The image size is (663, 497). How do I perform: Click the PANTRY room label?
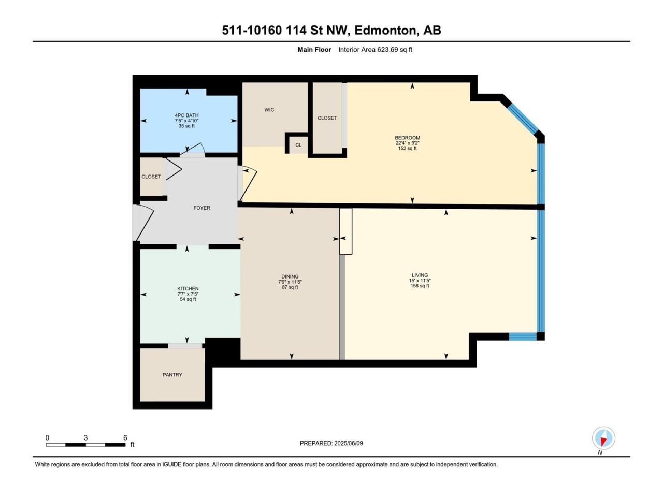click(x=172, y=375)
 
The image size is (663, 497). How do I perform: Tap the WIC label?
click(x=269, y=110)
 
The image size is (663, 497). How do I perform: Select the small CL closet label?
click(x=298, y=145)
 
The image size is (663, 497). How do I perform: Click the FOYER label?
click(x=202, y=208)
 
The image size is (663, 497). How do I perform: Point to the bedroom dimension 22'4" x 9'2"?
click(x=408, y=143)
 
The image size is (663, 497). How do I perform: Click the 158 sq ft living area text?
click(x=420, y=286)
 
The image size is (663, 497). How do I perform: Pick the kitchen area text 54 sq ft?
click(x=188, y=299)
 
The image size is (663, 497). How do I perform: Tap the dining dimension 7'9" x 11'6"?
click(x=290, y=282)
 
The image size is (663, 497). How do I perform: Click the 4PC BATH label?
click(x=186, y=115)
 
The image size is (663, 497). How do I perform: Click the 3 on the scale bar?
click(x=86, y=437)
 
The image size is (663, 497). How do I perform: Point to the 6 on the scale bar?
click(x=125, y=437)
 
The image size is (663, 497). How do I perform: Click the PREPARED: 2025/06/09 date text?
click(x=331, y=443)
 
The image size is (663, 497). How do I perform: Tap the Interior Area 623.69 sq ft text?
click(x=375, y=50)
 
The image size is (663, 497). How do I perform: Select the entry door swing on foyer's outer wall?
click(x=144, y=223)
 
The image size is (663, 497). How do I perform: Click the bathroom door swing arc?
click(x=194, y=149)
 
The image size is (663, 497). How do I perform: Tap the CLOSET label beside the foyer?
click(x=151, y=177)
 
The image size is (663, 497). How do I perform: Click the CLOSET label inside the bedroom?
click(x=327, y=118)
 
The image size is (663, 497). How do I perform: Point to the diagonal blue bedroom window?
click(x=522, y=118)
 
